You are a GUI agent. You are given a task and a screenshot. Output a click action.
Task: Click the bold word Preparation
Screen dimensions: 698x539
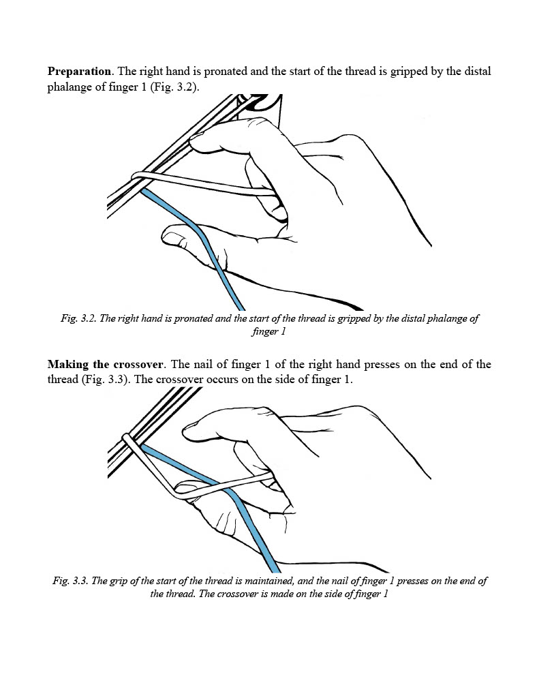79,72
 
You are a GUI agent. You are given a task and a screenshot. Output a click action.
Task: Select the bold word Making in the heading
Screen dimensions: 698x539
69,364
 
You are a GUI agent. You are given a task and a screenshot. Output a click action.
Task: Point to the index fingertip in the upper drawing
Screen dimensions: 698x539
198,142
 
